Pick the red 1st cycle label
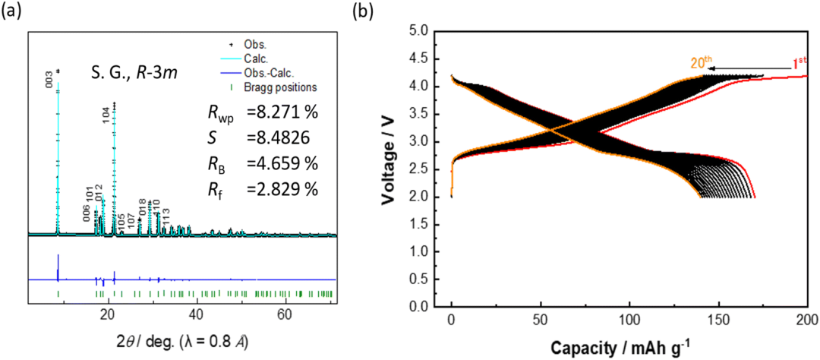(x=799, y=64)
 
